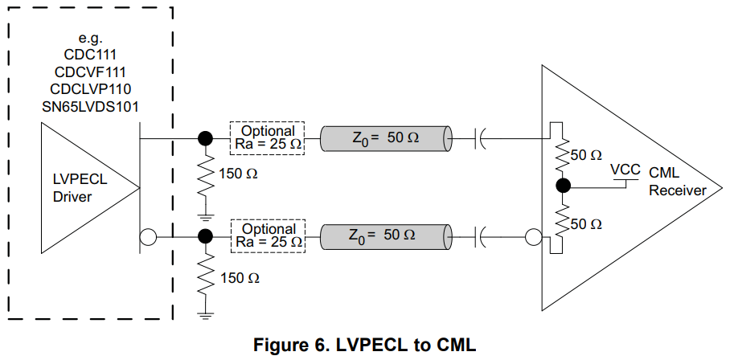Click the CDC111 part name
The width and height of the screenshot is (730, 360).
point(90,55)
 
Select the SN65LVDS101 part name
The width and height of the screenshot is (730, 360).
point(90,104)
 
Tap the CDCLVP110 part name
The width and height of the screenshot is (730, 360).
point(90,88)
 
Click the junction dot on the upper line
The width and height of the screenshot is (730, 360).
point(206,138)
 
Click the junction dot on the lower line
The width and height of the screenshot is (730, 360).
point(206,236)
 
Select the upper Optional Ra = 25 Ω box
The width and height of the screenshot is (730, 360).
point(268,137)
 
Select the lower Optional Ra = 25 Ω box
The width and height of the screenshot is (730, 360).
point(268,235)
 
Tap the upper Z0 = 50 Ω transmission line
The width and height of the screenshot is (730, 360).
point(385,138)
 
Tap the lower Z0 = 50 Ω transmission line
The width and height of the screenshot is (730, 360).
point(385,236)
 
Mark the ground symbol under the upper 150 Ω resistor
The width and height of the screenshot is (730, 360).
point(206,215)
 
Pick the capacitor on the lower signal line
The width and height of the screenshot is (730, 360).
point(481,236)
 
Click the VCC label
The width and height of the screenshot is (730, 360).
point(625,170)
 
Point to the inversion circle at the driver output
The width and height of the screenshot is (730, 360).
point(147,237)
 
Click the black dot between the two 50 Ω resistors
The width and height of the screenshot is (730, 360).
point(563,186)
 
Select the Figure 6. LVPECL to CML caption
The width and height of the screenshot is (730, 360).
point(365,346)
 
